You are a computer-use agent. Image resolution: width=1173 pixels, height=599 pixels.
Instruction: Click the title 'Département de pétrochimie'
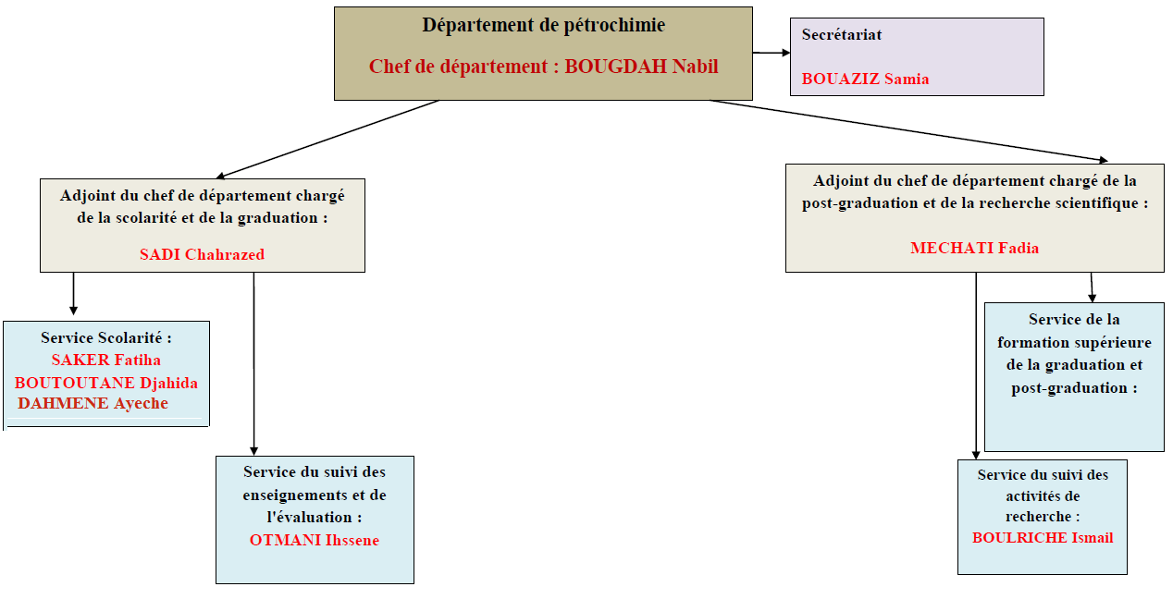coord(544,25)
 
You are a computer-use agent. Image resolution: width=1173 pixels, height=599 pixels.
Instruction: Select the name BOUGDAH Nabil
coord(641,67)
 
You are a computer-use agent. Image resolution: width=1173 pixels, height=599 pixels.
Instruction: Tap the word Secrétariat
coord(842,34)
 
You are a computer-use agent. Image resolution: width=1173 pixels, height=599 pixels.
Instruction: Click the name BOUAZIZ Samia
coord(865,79)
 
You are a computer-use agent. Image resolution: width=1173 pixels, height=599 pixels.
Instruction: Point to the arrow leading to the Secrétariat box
coord(772,53)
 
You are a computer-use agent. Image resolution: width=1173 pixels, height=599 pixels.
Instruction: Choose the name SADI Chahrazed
coord(203,254)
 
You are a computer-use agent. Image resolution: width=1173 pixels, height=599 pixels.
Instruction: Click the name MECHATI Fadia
coord(974,248)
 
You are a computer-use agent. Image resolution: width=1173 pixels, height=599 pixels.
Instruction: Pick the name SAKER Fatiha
coord(106,360)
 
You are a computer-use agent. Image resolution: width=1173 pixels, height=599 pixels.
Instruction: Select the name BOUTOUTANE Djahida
coord(106,383)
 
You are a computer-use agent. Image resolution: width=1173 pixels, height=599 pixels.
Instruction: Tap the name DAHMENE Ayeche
coord(93,403)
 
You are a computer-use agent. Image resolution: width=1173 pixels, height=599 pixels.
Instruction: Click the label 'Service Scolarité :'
coord(106,338)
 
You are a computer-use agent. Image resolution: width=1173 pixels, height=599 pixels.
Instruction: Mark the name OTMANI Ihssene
coord(315,540)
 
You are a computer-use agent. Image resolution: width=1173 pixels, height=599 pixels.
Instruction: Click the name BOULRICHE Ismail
coord(1043,538)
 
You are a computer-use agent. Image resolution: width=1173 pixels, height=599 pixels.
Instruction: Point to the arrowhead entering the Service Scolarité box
coord(73,311)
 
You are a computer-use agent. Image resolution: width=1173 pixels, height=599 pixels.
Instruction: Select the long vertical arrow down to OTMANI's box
coord(254,363)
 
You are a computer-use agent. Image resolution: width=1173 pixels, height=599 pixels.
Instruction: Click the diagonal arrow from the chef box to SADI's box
coord(327,140)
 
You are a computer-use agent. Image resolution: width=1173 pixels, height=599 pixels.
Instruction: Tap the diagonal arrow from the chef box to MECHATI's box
coord(908,130)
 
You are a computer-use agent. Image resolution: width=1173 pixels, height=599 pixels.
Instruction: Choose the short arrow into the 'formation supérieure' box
coord(1092,287)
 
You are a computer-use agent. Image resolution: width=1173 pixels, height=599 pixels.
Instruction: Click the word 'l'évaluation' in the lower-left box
coord(309,518)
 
